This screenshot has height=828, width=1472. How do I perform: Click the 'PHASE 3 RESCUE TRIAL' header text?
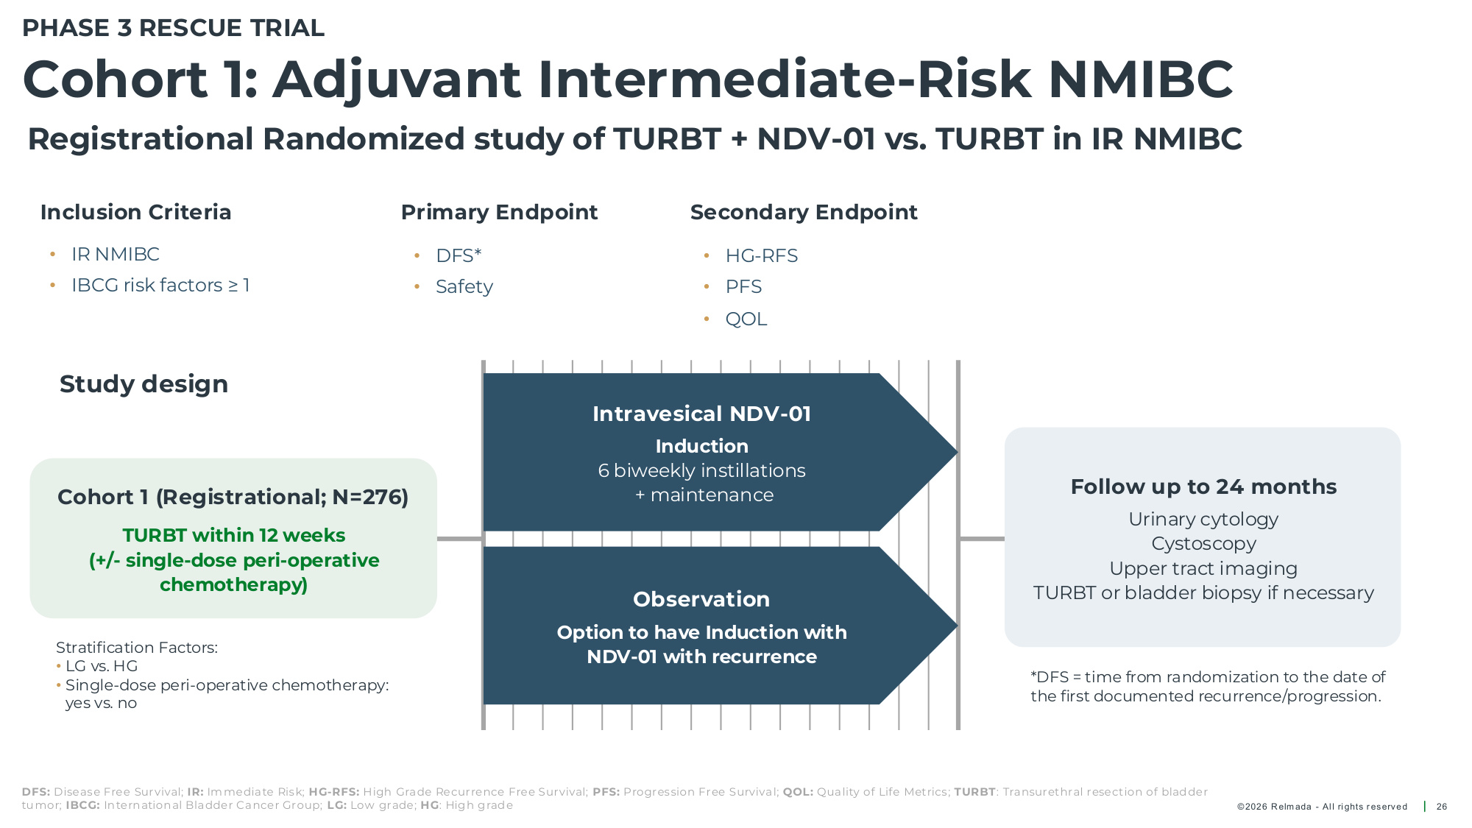pyautogui.click(x=173, y=28)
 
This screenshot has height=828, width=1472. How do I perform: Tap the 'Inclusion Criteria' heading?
pyautogui.click(x=136, y=212)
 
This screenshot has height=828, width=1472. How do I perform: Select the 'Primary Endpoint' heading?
pyautogui.click(x=499, y=212)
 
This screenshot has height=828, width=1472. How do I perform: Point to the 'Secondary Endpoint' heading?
pyautogui.click(x=804, y=212)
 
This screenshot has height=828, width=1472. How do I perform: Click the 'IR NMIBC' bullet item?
pyautogui.click(x=116, y=254)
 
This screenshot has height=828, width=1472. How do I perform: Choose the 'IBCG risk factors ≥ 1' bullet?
pyautogui.click(x=160, y=285)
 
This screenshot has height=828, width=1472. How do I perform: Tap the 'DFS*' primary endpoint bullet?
pyautogui.click(x=459, y=255)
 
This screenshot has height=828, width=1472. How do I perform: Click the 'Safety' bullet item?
pyautogui.click(x=464, y=286)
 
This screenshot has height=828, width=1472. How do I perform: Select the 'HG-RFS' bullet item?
pyautogui.click(x=762, y=255)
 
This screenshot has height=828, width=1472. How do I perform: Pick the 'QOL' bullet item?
pyautogui.click(x=746, y=319)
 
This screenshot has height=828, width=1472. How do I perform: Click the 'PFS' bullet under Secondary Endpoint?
pyautogui.click(x=743, y=286)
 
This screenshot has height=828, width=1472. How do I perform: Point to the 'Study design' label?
pyautogui.click(x=144, y=384)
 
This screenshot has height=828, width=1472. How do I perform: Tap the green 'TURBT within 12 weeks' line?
pyautogui.click(x=234, y=535)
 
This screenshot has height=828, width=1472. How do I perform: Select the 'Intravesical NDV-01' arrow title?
pyautogui.click(x=701, y=414)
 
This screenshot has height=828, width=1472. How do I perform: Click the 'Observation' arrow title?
pyautogui.click(x=701, y=599)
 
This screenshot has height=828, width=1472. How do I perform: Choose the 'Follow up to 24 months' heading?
pyautogui.click(x=1203, y=486)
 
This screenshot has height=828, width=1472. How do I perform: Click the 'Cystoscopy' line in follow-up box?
pyautogui.click(x=1203, y=544)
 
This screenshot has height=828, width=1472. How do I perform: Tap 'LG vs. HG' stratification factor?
pyautogui.click(x=102, y=666)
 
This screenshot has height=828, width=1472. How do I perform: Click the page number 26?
pyautogui.click(x=1442, y=807)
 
